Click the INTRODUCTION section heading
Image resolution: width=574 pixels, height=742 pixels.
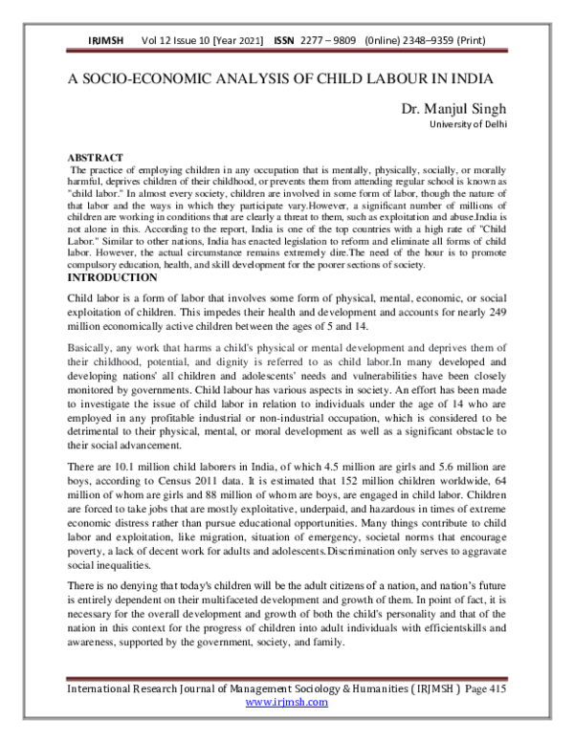click(x=112, y=276)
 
